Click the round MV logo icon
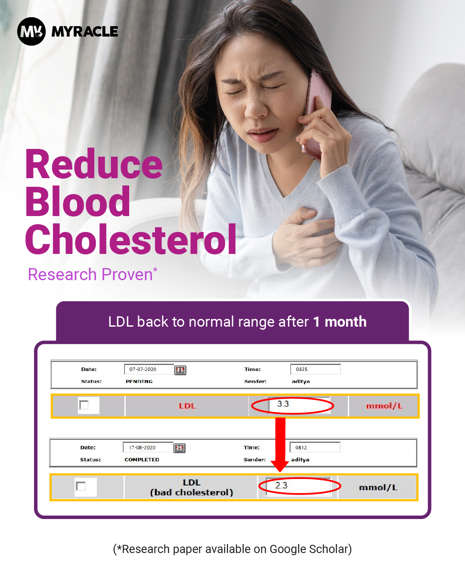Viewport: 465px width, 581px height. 31,31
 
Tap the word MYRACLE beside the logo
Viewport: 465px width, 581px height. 85,31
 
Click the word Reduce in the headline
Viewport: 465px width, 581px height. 94,164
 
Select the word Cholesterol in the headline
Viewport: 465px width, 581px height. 131,239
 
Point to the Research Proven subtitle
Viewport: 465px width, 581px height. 93,274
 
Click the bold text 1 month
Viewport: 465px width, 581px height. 340,322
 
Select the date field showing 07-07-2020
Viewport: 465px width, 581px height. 149,369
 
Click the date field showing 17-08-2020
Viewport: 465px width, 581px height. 148,447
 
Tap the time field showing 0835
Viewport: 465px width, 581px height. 315,369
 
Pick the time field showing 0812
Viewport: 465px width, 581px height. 315,447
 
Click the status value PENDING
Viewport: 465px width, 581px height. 139,381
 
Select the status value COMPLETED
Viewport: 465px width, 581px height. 142,460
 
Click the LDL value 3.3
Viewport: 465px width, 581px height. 283,404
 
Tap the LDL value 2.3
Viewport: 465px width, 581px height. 281,485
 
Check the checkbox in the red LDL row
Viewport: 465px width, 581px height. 84,405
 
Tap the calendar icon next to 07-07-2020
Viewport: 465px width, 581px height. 180,370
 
